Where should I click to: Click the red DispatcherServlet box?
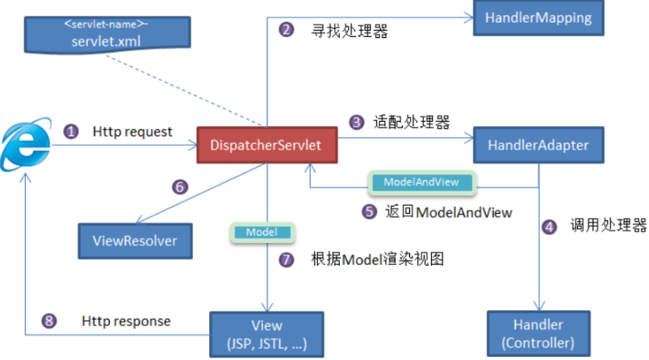267,144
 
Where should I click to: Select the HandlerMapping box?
538,18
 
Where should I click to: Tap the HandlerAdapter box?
538,144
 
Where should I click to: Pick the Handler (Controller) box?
538,333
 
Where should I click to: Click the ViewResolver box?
135,241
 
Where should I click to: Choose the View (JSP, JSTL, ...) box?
266,334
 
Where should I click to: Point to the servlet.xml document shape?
107,35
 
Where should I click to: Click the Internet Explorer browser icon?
26,144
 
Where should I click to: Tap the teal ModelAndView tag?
421,182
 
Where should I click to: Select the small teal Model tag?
262,232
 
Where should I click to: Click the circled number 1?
71,132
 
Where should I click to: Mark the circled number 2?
286,30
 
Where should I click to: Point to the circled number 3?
356,122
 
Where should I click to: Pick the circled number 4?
549,227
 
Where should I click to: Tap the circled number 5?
369,211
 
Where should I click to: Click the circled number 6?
180,187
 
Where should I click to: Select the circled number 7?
286,260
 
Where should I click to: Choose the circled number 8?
49,320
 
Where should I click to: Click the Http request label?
132,132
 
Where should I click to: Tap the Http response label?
126,321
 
